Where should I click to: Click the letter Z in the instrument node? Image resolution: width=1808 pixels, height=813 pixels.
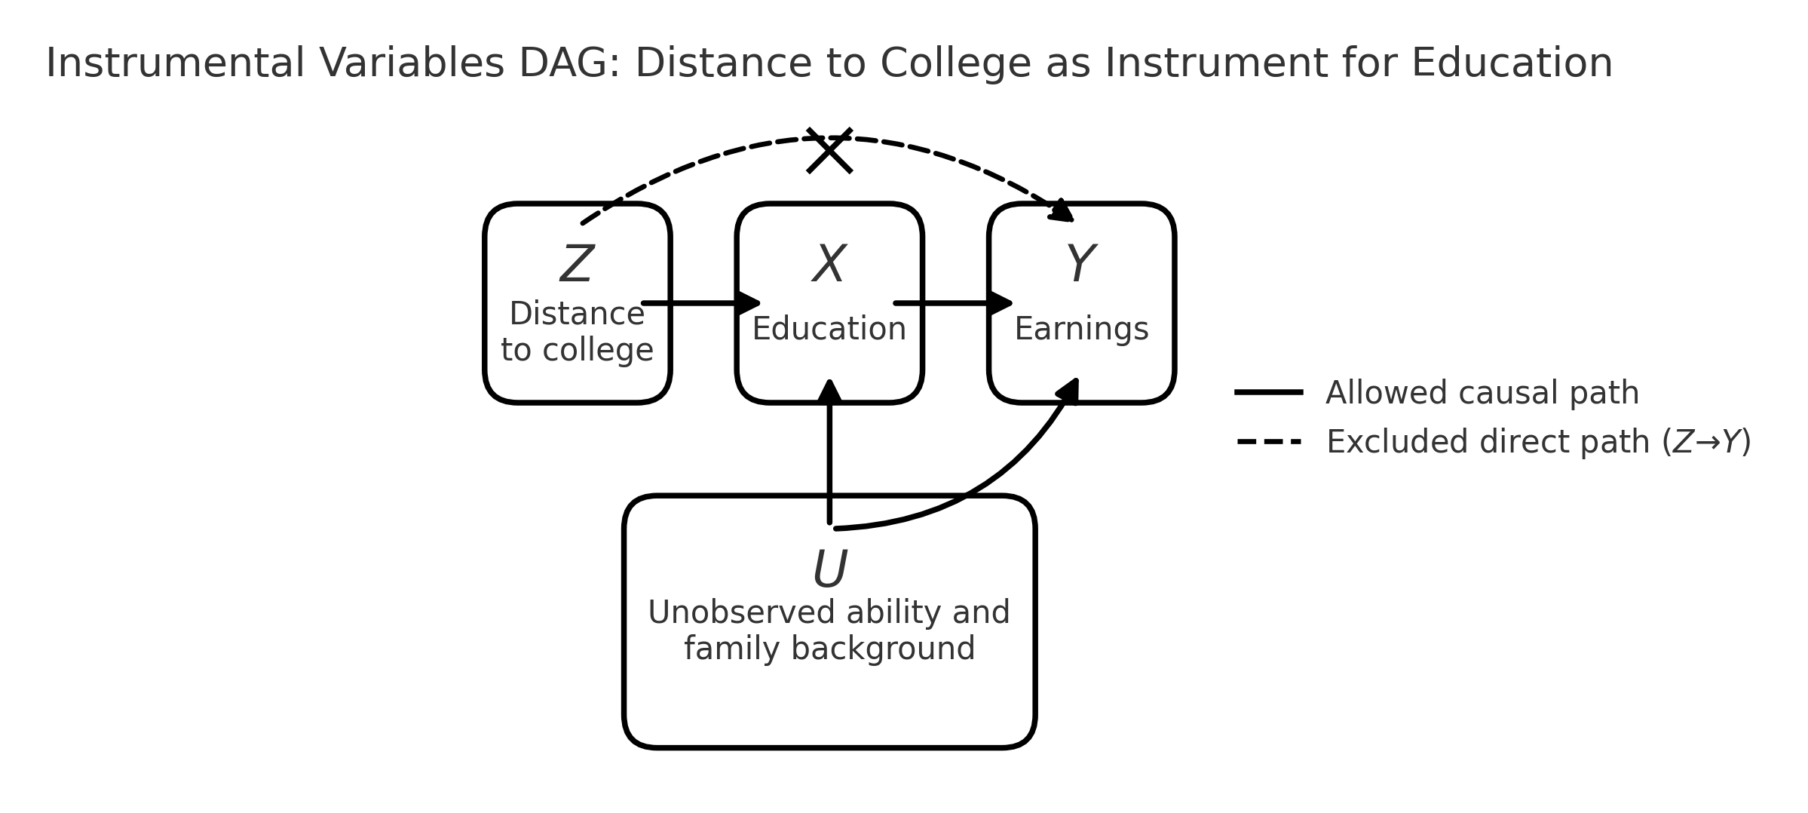(577, 265)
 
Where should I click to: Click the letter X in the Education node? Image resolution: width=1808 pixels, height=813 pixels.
(829, 265)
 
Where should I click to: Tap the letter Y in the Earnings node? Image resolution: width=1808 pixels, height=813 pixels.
(1080, 265)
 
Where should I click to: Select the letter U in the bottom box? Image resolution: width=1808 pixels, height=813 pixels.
(829, 569)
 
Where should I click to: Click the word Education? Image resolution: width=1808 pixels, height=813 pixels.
(829, 330)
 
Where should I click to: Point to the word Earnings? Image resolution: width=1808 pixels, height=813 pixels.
(1081, 330)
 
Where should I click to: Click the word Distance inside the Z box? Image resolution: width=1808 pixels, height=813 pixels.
(577, 314)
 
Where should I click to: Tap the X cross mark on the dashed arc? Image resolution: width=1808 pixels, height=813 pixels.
(829, 151)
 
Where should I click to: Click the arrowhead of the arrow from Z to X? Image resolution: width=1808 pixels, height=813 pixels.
(749, 303)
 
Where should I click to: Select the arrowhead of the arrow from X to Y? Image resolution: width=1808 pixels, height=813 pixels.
(1001, 303)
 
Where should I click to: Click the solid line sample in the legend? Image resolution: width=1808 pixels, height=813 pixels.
(1268, 392)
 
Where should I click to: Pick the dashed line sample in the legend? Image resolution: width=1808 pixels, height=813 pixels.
(1268, 442)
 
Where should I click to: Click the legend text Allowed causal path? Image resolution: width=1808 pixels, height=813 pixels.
(1482, 393)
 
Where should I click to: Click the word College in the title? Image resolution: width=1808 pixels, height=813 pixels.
(955, 63)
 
